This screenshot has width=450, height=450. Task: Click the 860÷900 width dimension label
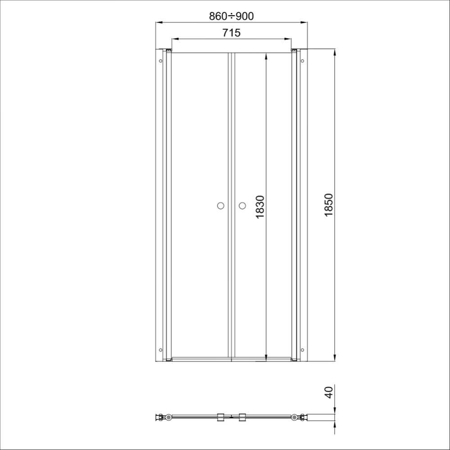[x=232, y=16]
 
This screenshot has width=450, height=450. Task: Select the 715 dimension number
[x=232, y=33]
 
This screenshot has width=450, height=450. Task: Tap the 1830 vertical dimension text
[x=260, y=207]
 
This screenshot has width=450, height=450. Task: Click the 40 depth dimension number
[x=329, y=392]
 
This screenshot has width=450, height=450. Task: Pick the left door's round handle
[x=220, y=206]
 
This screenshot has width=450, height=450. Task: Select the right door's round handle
[x=242, y=206]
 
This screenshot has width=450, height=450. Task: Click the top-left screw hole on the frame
[x=160, y=61]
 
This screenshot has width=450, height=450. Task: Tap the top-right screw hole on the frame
[x=302, y=61]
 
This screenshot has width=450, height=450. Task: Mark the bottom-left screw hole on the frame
[x=160, y=350]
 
